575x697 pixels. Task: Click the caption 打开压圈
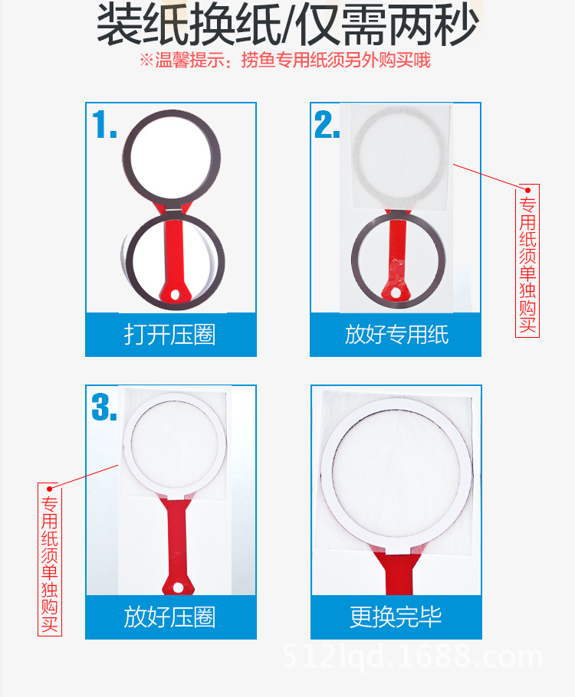click(x=169, y=335)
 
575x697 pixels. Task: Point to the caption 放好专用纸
click(x=396, y=335)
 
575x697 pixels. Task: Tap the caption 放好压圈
click(x=169, y=617)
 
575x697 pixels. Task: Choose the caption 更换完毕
click(x=396, y=617)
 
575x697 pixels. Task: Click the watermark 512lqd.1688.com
click(x=413, y=657)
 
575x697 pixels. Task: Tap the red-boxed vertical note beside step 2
click(x=527, y=260)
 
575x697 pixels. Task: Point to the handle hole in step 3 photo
click(x=178, y=587)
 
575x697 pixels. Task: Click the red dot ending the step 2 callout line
click(x=527, y=190)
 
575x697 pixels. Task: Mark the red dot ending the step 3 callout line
click(x=50, y=488)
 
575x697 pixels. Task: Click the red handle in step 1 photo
click(x=172, y=253)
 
